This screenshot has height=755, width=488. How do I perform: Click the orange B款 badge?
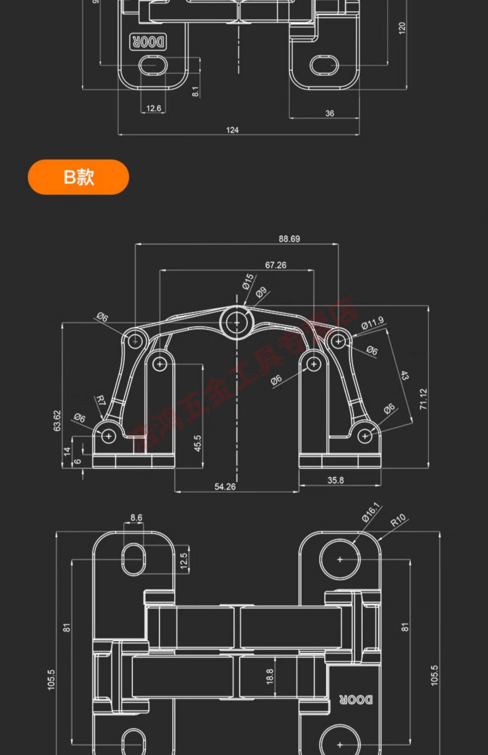pos(78,177)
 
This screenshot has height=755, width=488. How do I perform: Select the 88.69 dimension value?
pos(289,239)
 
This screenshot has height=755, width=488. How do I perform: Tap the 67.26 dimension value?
pos(276,265)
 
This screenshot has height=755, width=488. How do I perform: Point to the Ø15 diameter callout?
pos(248,281)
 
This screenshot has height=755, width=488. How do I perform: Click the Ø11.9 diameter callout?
pos(372,323)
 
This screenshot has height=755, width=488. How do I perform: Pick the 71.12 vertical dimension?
pos(423,399)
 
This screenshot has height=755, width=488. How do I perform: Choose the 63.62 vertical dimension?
pos(57,421)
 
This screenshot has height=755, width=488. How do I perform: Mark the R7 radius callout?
pos(101,400)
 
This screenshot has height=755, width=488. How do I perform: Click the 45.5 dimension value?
pos(198,443)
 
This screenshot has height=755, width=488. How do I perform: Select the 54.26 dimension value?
pos(225,487)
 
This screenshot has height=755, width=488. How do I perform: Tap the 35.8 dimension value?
pos(336,480)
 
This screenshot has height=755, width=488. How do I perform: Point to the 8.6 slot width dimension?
pos(136,518)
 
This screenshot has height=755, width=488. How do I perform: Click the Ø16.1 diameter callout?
pos(371,512)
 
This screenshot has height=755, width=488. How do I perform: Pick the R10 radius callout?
pos(398,520)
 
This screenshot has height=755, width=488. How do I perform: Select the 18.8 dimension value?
pos(270,676)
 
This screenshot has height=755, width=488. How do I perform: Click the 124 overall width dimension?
pos(232,130)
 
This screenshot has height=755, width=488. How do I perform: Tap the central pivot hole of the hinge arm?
pos(237,323)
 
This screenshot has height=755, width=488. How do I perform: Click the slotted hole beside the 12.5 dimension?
pos(134,559)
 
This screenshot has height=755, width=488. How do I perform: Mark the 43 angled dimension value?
pos(404,375)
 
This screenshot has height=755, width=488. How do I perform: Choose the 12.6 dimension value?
pos(153,108)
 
